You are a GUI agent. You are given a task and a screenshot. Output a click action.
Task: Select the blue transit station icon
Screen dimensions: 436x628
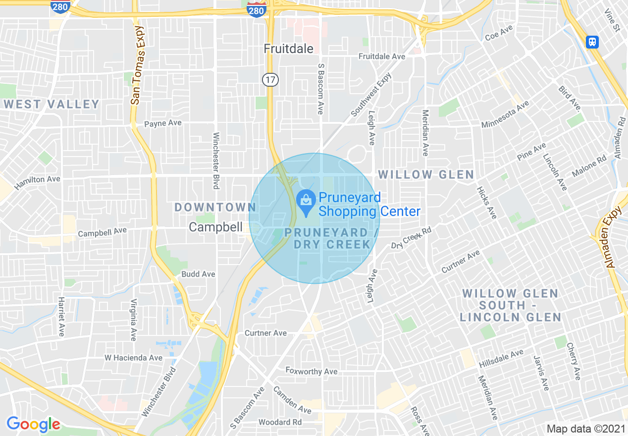click(592, 42)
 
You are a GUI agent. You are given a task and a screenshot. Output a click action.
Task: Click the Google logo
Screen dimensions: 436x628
click(33, 424)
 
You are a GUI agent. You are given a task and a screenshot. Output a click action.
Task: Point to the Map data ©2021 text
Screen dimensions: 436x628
click(585, 428)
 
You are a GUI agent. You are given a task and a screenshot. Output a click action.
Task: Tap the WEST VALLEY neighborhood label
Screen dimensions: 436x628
click(52, 104)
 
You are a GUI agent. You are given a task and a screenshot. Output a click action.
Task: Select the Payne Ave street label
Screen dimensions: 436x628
click(163, 123)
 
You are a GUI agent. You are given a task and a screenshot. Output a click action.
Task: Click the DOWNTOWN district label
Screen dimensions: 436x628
click(215, 208)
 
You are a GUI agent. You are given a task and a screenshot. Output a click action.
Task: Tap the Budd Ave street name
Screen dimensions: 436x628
click(198, 274)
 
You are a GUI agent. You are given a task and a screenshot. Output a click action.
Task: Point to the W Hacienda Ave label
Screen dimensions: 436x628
click(133, 358)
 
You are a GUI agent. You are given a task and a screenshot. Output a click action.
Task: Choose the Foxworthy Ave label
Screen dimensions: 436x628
click(312, 371)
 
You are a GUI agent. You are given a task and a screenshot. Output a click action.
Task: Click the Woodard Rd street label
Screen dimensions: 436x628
click(280, 422)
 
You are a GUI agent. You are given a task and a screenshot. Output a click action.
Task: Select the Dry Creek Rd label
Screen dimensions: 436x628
click(412, 238)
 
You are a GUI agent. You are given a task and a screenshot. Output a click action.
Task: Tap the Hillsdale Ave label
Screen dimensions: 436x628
click(501, 359)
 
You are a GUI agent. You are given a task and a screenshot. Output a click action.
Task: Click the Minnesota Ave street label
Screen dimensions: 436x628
click(505, 114)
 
